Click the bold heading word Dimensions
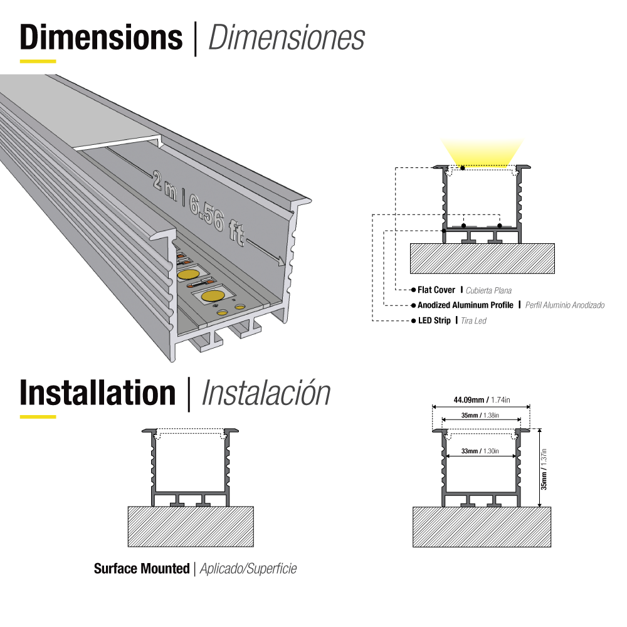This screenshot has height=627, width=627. (x=101, y=37)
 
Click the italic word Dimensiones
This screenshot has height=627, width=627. (x=286, y=38)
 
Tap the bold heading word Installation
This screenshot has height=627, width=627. (x=97, y=393)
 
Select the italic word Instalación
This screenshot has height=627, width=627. (x=266, y=393)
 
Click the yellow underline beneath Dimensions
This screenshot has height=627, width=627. (x=38, y=61)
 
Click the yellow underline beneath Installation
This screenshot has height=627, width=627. (x=38, y=416)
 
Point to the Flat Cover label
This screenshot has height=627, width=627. (x=436, y=290)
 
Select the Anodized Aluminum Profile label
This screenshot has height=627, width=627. (x=465, y=305)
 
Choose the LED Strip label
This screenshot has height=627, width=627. (x=434, y=320)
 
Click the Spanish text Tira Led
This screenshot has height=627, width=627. (x=473, y=321)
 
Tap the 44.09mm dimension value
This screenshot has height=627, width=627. (x=468, y=399)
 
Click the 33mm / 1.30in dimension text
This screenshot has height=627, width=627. (x=480, y=451)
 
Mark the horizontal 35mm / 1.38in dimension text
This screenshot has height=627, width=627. (x=480, y=415)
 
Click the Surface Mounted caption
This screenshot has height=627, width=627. (x=142, y=569)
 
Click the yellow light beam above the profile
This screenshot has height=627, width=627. (x=482, y=153)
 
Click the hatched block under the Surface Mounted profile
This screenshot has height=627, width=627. (x=191, y=527)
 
